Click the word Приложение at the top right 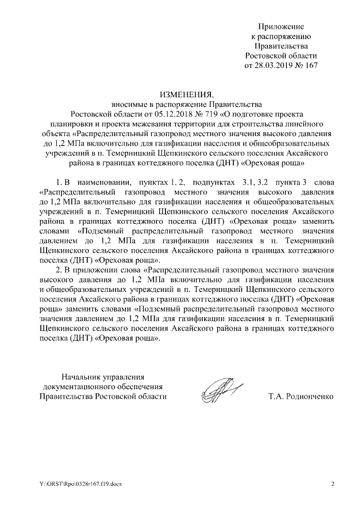click(x=281, y=26)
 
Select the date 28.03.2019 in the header click(x=276, y=65)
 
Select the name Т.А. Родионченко click(x=301, y=397)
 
